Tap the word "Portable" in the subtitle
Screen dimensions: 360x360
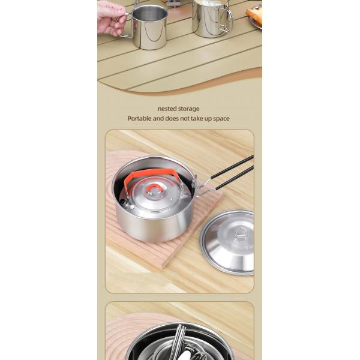[140, 119]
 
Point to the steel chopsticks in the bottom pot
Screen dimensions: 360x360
[179, 340]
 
